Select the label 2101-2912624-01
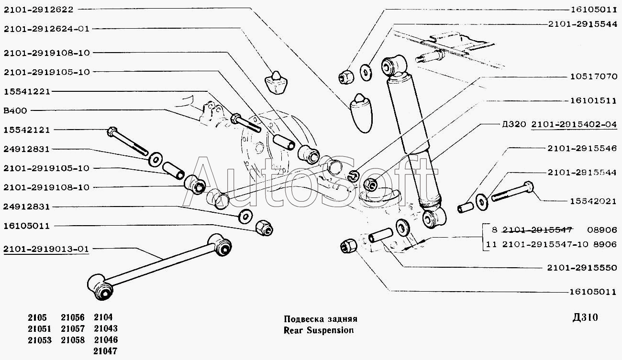click(x=46, y=29)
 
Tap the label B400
click(x=15, y=110)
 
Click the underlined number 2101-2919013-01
click(x=46, y=249)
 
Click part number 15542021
click(x=593, y=201)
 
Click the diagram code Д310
click(x=585, y=318)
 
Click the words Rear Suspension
click(x=318, y=330)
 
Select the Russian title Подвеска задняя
click(x=320, y=319)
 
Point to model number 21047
click(x=106, y=350)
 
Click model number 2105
click(x=37, y=317)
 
